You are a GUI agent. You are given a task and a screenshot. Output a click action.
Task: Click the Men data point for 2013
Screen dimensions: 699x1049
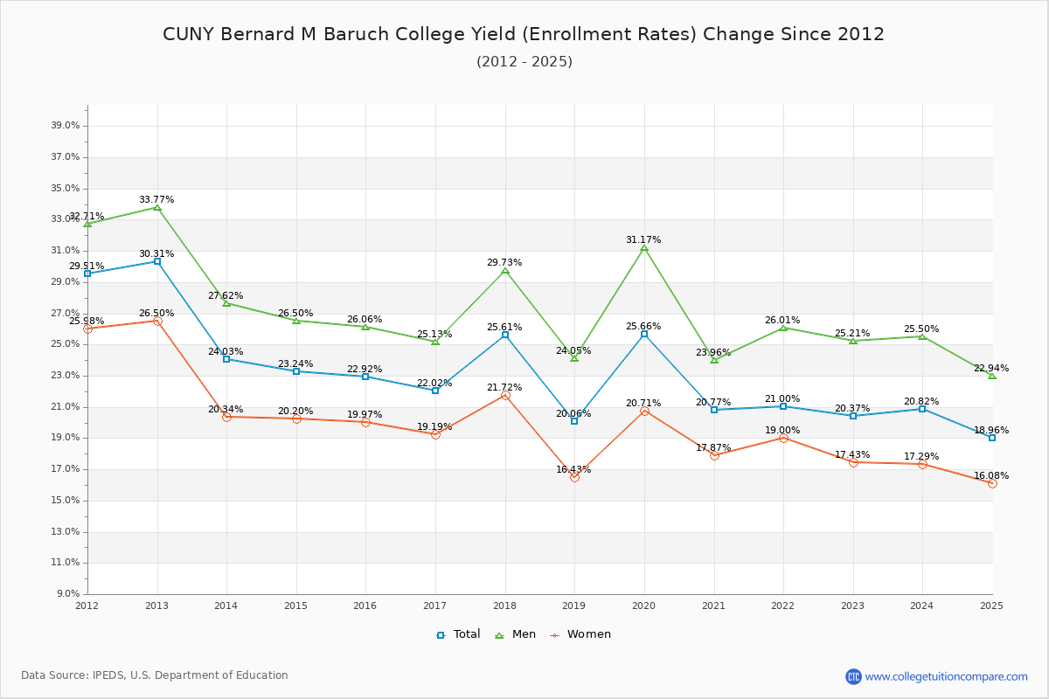pyautogui.click(x=157, y=207)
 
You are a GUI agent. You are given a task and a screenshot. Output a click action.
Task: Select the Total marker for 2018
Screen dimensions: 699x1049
pyautogui.click(x=505, y=335)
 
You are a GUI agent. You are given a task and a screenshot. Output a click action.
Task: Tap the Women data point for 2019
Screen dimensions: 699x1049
pyautogui.click(x=574, y=477)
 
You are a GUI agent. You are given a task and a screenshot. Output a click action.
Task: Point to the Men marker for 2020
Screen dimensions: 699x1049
pyautogui.click(x=644, y=248)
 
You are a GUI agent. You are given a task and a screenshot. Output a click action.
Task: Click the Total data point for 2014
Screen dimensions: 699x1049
pyautogui.click(x=226, y=359)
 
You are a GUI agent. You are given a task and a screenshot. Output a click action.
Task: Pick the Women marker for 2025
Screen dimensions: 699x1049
pyautogui.click(x=992, y=483)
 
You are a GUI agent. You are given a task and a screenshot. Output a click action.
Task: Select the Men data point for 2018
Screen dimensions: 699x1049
pyautogui.click(x=505, y=271)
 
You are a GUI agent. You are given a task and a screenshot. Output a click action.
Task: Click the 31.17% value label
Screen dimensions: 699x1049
pyautogui.click(x=643, y=239)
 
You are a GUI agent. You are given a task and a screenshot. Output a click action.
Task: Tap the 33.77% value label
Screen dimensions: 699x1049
pyautogui.click(x=156, y=199)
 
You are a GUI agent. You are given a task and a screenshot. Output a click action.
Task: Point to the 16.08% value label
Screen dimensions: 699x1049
pyautogui.click(x=991, y=475)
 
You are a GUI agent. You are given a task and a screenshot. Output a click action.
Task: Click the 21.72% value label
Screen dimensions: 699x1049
pyautogui.click(x=504, y=387)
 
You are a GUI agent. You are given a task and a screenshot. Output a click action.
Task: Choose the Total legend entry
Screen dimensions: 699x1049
pyautogui.click(x=459, y=634)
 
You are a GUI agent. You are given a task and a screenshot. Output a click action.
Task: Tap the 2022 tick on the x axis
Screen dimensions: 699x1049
pyautogui.click(x=783, y=605)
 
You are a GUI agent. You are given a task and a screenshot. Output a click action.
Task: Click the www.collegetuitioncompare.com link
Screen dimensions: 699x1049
pyautogui.click(x=946, y=676)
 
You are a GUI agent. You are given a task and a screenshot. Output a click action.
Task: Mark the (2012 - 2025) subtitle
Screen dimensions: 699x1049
pyautogui.click(x=524, y=61)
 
